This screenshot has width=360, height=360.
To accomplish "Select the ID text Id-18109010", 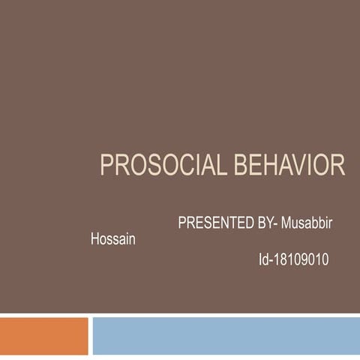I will tap(293, 259).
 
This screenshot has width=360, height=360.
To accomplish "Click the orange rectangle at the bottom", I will tap(43, 335).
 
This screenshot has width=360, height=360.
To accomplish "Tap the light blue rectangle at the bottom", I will tap(225, 335).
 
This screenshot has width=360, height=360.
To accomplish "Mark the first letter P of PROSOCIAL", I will tap(106, 165).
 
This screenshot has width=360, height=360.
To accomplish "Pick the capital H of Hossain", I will tap(94, 241).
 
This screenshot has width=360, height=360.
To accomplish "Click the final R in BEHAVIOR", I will tap(339, 165).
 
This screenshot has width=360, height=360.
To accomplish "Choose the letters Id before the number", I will tap(263, 259).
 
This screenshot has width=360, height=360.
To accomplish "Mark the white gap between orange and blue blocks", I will tap(90, 335).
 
